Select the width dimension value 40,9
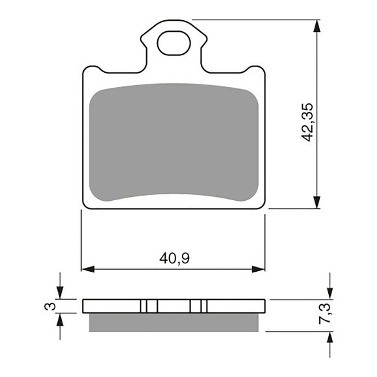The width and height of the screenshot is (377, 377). point(174,258)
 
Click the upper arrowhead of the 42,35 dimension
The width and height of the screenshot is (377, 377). point(317,26)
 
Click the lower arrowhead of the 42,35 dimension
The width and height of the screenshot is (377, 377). point(317,202)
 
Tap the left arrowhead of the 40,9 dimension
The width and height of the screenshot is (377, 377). point(87,268)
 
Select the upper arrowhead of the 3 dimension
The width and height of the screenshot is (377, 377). point(60,294)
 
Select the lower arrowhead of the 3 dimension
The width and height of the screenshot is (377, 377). point(60,318)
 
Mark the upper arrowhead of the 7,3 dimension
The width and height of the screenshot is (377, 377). point(330,294)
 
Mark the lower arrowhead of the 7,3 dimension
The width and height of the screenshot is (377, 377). point(330,337)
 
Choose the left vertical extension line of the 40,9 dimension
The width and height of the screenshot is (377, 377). point(81,240)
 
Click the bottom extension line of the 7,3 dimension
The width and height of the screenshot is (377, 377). point(299,331)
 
